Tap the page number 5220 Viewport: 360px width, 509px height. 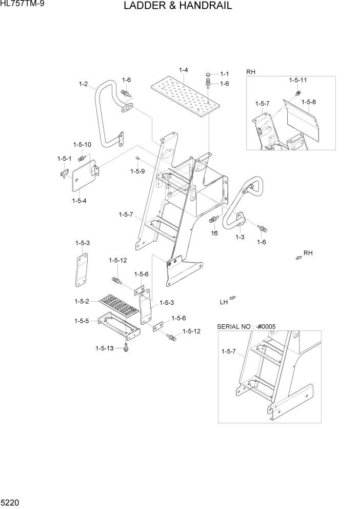tap(11, 501)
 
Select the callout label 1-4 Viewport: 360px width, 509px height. tap(183, 70)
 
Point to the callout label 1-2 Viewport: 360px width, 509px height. tap(83, 84)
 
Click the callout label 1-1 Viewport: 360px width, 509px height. tap(225, 74)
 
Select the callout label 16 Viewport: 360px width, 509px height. tap(214, 233)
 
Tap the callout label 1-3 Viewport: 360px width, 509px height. tap(239, 237)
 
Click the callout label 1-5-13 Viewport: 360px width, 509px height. tap(104, 348)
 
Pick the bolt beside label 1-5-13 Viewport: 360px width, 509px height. tap(127, 348)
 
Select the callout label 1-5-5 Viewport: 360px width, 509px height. tap(82, 321)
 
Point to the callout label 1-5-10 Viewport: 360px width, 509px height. tap(82, 145)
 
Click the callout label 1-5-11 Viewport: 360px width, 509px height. tap(298, 81)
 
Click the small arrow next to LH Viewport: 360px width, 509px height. tap(233, 298)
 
